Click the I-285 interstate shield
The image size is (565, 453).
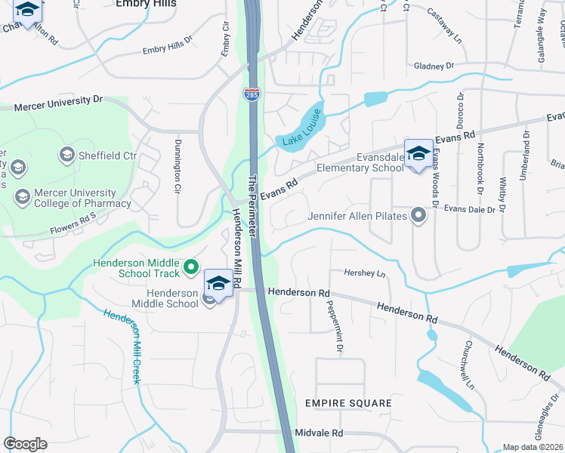point(250,94)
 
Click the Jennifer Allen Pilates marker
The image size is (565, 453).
point(418,217)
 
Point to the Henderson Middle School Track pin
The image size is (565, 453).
point(192,267)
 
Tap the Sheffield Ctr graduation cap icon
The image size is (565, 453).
point(66,156)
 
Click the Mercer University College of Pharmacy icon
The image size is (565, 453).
point(21,197)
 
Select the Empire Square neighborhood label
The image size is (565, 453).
point(348,403)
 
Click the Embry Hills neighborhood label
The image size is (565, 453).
point(147,4)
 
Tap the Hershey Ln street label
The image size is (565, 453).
point(364,273)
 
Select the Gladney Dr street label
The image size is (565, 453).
point(434,66)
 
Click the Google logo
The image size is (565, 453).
point(25,444)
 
